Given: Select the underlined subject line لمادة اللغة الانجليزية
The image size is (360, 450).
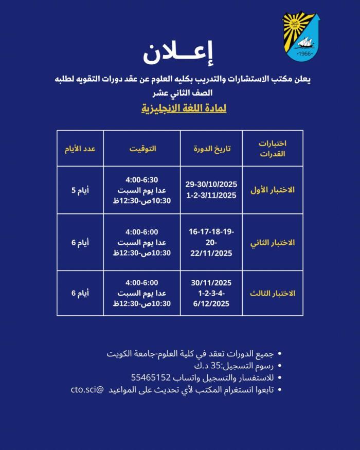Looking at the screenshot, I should [184, 109].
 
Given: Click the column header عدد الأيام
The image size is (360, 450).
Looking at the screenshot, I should [80, 149].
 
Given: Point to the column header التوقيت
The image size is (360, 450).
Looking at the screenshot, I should [142, 149].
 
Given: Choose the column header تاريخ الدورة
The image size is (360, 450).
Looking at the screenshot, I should [212, 149].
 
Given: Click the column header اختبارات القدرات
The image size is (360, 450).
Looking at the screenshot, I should [272, 149].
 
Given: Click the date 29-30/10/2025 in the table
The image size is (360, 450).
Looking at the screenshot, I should [211, 185].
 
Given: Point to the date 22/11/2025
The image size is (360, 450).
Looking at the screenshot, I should [211, 253].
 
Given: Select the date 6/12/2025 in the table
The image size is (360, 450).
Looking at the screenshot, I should [211, 304].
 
